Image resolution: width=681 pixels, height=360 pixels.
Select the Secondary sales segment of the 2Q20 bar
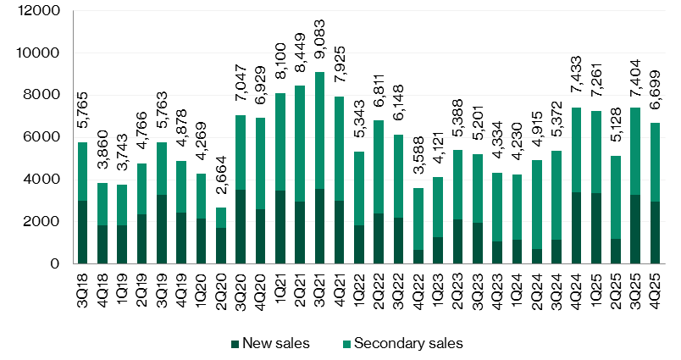coord(221,218)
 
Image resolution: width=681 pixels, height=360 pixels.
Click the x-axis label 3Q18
coord(83,291)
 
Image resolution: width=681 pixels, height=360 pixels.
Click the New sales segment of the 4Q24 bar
coord(575,228)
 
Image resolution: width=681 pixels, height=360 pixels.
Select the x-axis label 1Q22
coord(359,291)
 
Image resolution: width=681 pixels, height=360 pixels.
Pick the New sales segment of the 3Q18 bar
coord(83,232)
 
